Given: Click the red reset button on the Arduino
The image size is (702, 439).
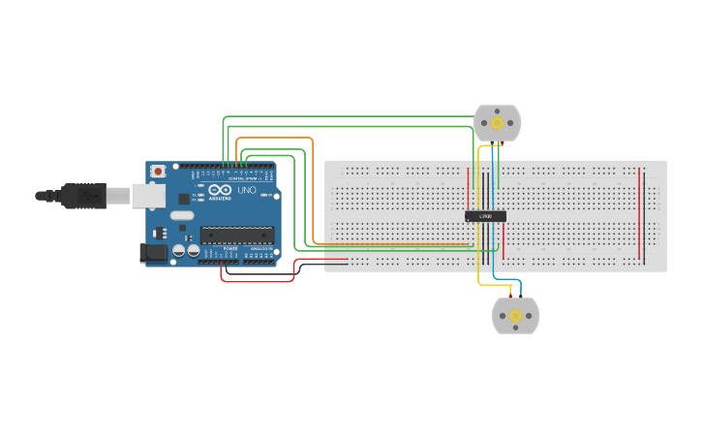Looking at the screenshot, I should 158,172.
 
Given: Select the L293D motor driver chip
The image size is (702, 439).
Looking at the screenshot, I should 485,216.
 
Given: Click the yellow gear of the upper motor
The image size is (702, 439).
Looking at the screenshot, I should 498,123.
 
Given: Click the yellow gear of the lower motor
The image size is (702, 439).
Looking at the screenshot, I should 515,316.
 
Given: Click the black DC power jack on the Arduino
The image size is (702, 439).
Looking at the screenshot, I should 153,253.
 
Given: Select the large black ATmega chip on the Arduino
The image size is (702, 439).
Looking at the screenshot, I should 236,234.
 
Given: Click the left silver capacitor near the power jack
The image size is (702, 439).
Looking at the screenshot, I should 179,251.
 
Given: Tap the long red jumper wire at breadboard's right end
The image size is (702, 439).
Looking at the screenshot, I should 639,213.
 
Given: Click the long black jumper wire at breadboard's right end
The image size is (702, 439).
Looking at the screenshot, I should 645,213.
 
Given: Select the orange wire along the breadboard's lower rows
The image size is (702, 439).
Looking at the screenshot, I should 387,244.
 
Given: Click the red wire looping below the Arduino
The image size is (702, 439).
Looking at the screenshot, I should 257,281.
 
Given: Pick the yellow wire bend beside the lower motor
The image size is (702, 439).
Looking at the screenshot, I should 481,282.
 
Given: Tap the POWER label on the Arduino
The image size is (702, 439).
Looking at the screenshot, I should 230,249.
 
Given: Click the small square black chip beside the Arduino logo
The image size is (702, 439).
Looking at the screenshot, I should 184,199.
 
